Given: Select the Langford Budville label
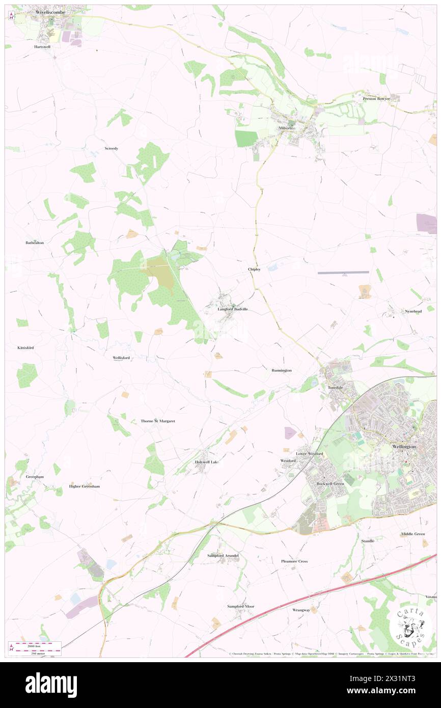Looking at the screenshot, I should point(233,309).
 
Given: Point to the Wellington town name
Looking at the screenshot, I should point(404,446).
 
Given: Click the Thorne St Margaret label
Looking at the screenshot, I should point(158,421).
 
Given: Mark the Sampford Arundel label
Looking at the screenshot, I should point(224,555).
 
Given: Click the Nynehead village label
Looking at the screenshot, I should point(413,311).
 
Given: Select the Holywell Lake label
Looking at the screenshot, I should point(207,462).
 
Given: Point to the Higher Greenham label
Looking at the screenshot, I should point(85,486).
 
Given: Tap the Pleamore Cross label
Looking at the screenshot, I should point(295,561).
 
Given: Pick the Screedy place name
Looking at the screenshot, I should point(112,148).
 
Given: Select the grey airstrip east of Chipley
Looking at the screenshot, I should point(343,273).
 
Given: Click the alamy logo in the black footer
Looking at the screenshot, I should point(51,685).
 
